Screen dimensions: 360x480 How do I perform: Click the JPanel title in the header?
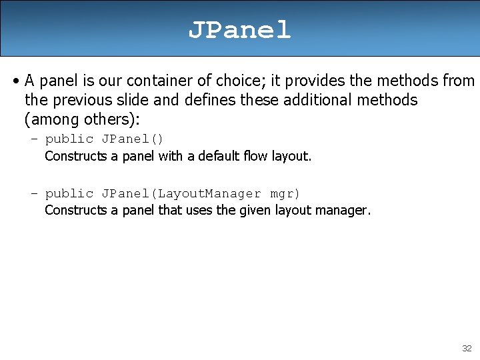[x=239, y=30]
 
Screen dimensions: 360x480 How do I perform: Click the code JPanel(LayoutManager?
[x=181, y=193]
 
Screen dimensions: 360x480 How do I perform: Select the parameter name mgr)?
[x=285, y=193]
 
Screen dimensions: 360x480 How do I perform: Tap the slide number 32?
[x=466, y=348]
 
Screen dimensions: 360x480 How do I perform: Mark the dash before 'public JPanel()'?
[x=34, y=139]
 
